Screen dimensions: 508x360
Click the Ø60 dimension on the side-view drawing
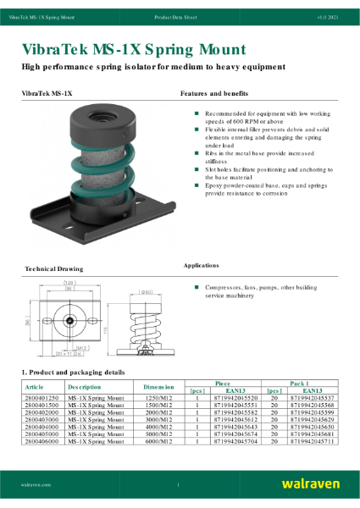click(146, 291)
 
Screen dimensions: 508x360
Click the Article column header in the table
click(38, 386)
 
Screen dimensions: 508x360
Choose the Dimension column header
click(158, 386)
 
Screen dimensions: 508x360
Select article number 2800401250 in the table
click(42, 397)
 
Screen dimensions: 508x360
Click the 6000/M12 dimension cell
click(158, 442)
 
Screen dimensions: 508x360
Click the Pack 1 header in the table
click(300, 383)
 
